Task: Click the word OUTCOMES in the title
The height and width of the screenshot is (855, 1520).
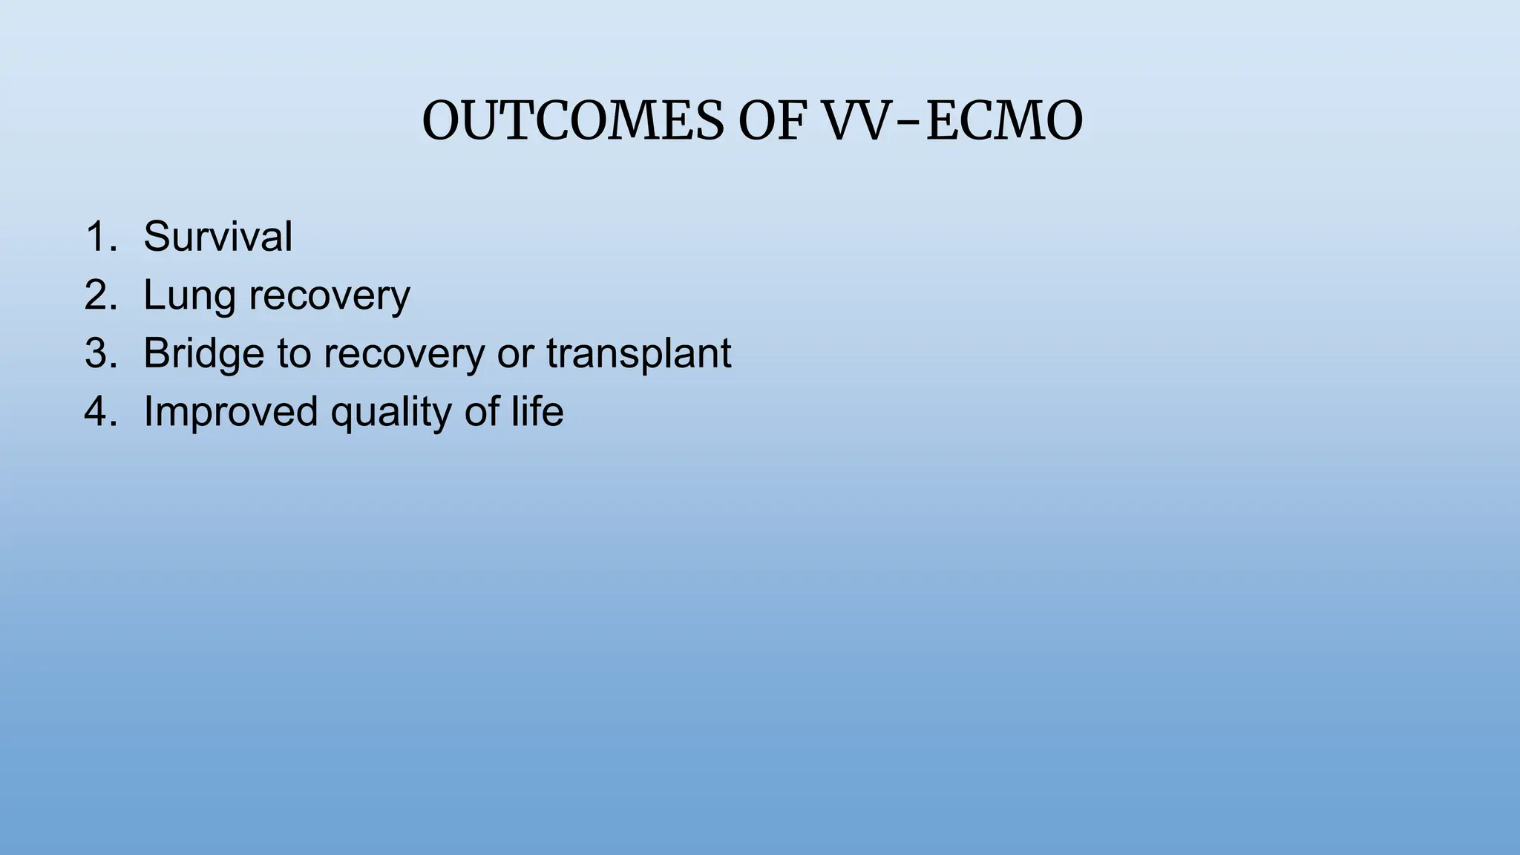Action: pyautogui.click(x=572, y=121)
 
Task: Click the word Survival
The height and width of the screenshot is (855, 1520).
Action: pyautogui.click(x=217, y=237)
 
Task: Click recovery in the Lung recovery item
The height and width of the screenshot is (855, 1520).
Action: pyautogui.click(x=329, y=296)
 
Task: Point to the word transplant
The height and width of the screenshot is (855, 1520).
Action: pyautogui.click(x=638, y=354)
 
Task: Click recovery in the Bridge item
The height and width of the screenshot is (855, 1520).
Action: pyautogui.click(x=403, y=354)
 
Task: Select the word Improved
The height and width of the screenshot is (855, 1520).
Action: pyautogui.click(x=230, y=412)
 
